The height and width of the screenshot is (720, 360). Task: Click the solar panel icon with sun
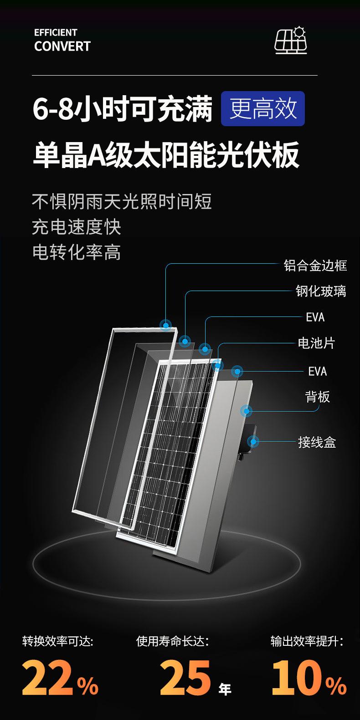(291, 41)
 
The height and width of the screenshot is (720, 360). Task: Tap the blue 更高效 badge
(263, 108)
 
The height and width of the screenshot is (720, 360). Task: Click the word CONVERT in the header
(62, 46)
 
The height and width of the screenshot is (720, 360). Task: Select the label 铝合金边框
(315, 265)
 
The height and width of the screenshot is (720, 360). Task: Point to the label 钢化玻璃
(321, 291)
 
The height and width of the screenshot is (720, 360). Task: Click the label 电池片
(316, 343)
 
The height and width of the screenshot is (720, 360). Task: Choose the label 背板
(317, 397)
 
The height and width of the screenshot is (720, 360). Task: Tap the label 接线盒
(317, 442)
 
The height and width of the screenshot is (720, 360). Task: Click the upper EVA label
(315, 317)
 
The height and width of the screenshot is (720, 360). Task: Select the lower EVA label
(317, 371)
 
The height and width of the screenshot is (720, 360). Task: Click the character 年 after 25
(225, 689)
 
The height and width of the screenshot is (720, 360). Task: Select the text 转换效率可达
(58, 642)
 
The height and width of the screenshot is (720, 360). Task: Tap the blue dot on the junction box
(253, 441)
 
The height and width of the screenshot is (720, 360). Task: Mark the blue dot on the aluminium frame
(165, 325)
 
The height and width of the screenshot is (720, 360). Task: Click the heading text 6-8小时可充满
(123, 109)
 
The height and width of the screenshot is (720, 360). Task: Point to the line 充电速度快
(77, 227)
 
